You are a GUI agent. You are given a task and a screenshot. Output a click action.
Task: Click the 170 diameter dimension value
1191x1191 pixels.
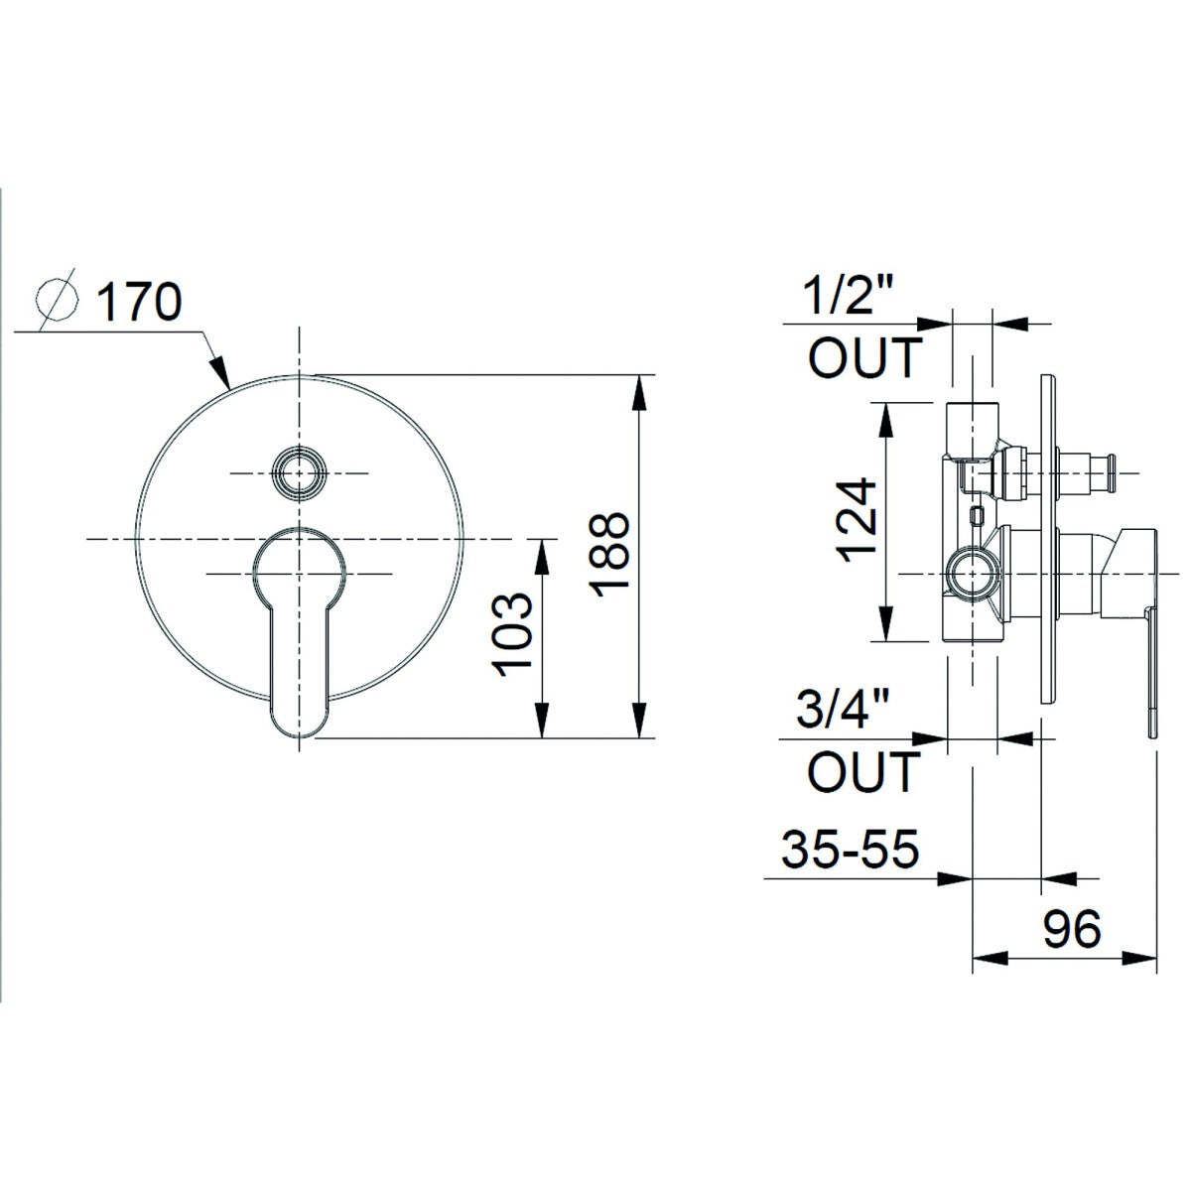point(140,302)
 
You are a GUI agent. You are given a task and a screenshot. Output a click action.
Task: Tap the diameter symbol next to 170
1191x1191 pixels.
point(57,301)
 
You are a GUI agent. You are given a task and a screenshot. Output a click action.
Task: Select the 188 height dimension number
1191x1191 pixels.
point(610,555)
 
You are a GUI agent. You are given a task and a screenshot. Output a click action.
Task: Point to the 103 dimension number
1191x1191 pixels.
point(512,635)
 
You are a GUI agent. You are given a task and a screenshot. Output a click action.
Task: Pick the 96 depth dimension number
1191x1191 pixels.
point(1072,928)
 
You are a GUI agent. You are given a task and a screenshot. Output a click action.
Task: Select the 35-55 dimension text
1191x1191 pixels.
point(851,848)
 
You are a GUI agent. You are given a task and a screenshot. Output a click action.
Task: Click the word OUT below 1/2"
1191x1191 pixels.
point(865,357)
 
